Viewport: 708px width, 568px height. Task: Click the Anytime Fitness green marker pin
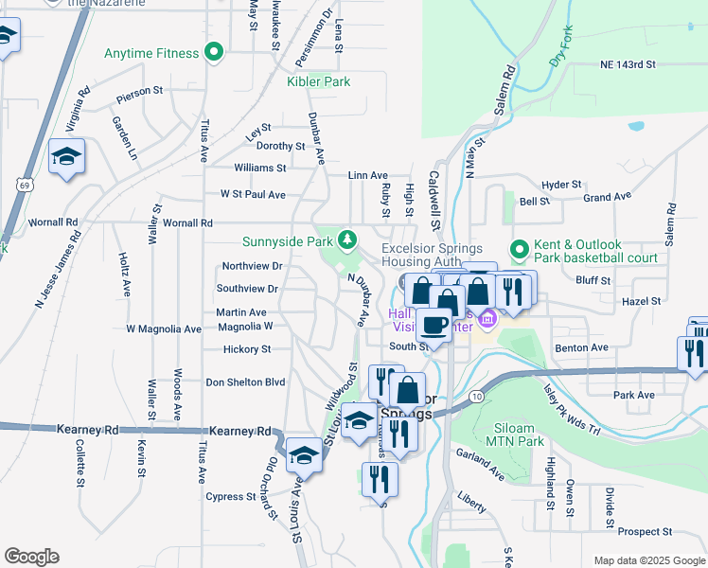click(x=214, y=52)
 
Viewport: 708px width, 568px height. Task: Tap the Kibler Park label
click(x=319, y=81)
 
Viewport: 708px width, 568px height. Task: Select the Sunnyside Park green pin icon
click(x=348, y=240)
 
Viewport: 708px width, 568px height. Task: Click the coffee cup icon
click(x=434, y=324)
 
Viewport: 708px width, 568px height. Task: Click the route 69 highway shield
click(x=21, y=186)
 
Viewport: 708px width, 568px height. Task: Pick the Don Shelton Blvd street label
click(x=245, y=382)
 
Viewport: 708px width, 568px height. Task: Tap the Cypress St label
click(x=225, y=496)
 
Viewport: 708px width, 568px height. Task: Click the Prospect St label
click(x=646, y=532)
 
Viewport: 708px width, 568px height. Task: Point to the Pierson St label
click(x=140, y=97)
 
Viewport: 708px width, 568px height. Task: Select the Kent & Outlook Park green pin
click(x=519, y=251)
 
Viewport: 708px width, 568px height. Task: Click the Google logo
click(x=31, y=557)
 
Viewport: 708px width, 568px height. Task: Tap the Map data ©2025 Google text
click(x=648, y=560)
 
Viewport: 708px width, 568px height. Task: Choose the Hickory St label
click(x=246, y=349)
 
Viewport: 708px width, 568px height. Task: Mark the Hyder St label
click(x=560, y=185)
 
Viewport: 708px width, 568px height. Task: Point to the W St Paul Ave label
click(x=253, y=194)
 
